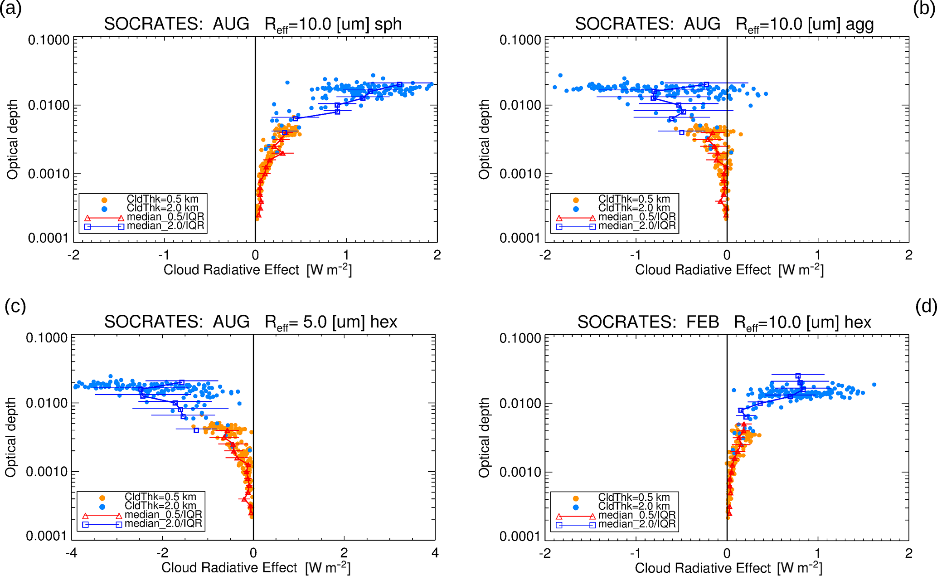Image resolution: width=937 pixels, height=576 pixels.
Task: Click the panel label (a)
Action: pos(11,9)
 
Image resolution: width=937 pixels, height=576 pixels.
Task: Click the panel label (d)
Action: pos(926,307)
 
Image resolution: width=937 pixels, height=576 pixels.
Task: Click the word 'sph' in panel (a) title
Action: pos(388,24)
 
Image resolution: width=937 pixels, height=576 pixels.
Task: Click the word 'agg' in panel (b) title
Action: pos(859,24)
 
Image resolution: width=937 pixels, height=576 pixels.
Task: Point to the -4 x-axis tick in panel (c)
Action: pos(72,553)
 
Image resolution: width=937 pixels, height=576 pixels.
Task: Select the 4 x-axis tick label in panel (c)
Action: pos(435,553)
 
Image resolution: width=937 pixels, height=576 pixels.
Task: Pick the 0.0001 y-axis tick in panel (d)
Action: pos(520,537)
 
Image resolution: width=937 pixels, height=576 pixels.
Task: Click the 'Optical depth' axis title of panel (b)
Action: pos(485,139)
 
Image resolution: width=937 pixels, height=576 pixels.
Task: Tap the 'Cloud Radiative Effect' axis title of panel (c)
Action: pos(229,568)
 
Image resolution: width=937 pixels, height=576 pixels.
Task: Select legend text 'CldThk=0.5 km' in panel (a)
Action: pos(162,199)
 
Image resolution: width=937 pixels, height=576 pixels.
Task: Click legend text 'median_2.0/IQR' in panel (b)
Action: pos(637,225)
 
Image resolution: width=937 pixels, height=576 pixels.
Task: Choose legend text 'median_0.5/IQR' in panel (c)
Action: pos(163,515)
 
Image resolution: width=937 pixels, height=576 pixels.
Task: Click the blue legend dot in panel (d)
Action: pos(576,507)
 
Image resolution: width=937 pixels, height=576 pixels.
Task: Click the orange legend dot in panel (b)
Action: pos(576,200)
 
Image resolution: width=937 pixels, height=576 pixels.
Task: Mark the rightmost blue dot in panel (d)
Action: pos(874,385)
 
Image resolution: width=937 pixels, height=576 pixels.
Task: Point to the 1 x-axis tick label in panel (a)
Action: pos(346,255)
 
